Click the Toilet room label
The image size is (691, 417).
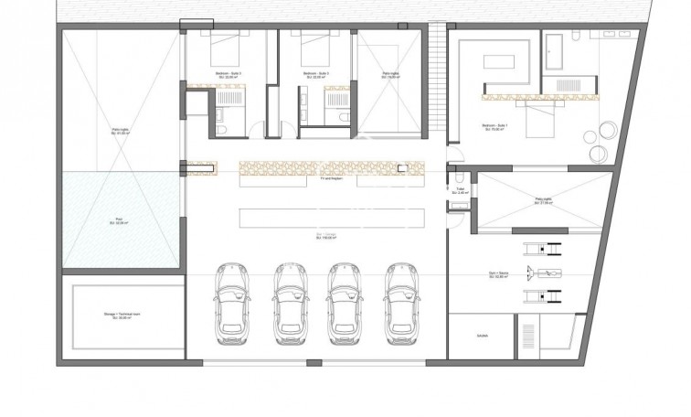pos(461,192)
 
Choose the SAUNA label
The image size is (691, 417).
pos(482,336)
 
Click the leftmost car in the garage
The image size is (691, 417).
pos(231,302)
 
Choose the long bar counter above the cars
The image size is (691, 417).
pos(332,218)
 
